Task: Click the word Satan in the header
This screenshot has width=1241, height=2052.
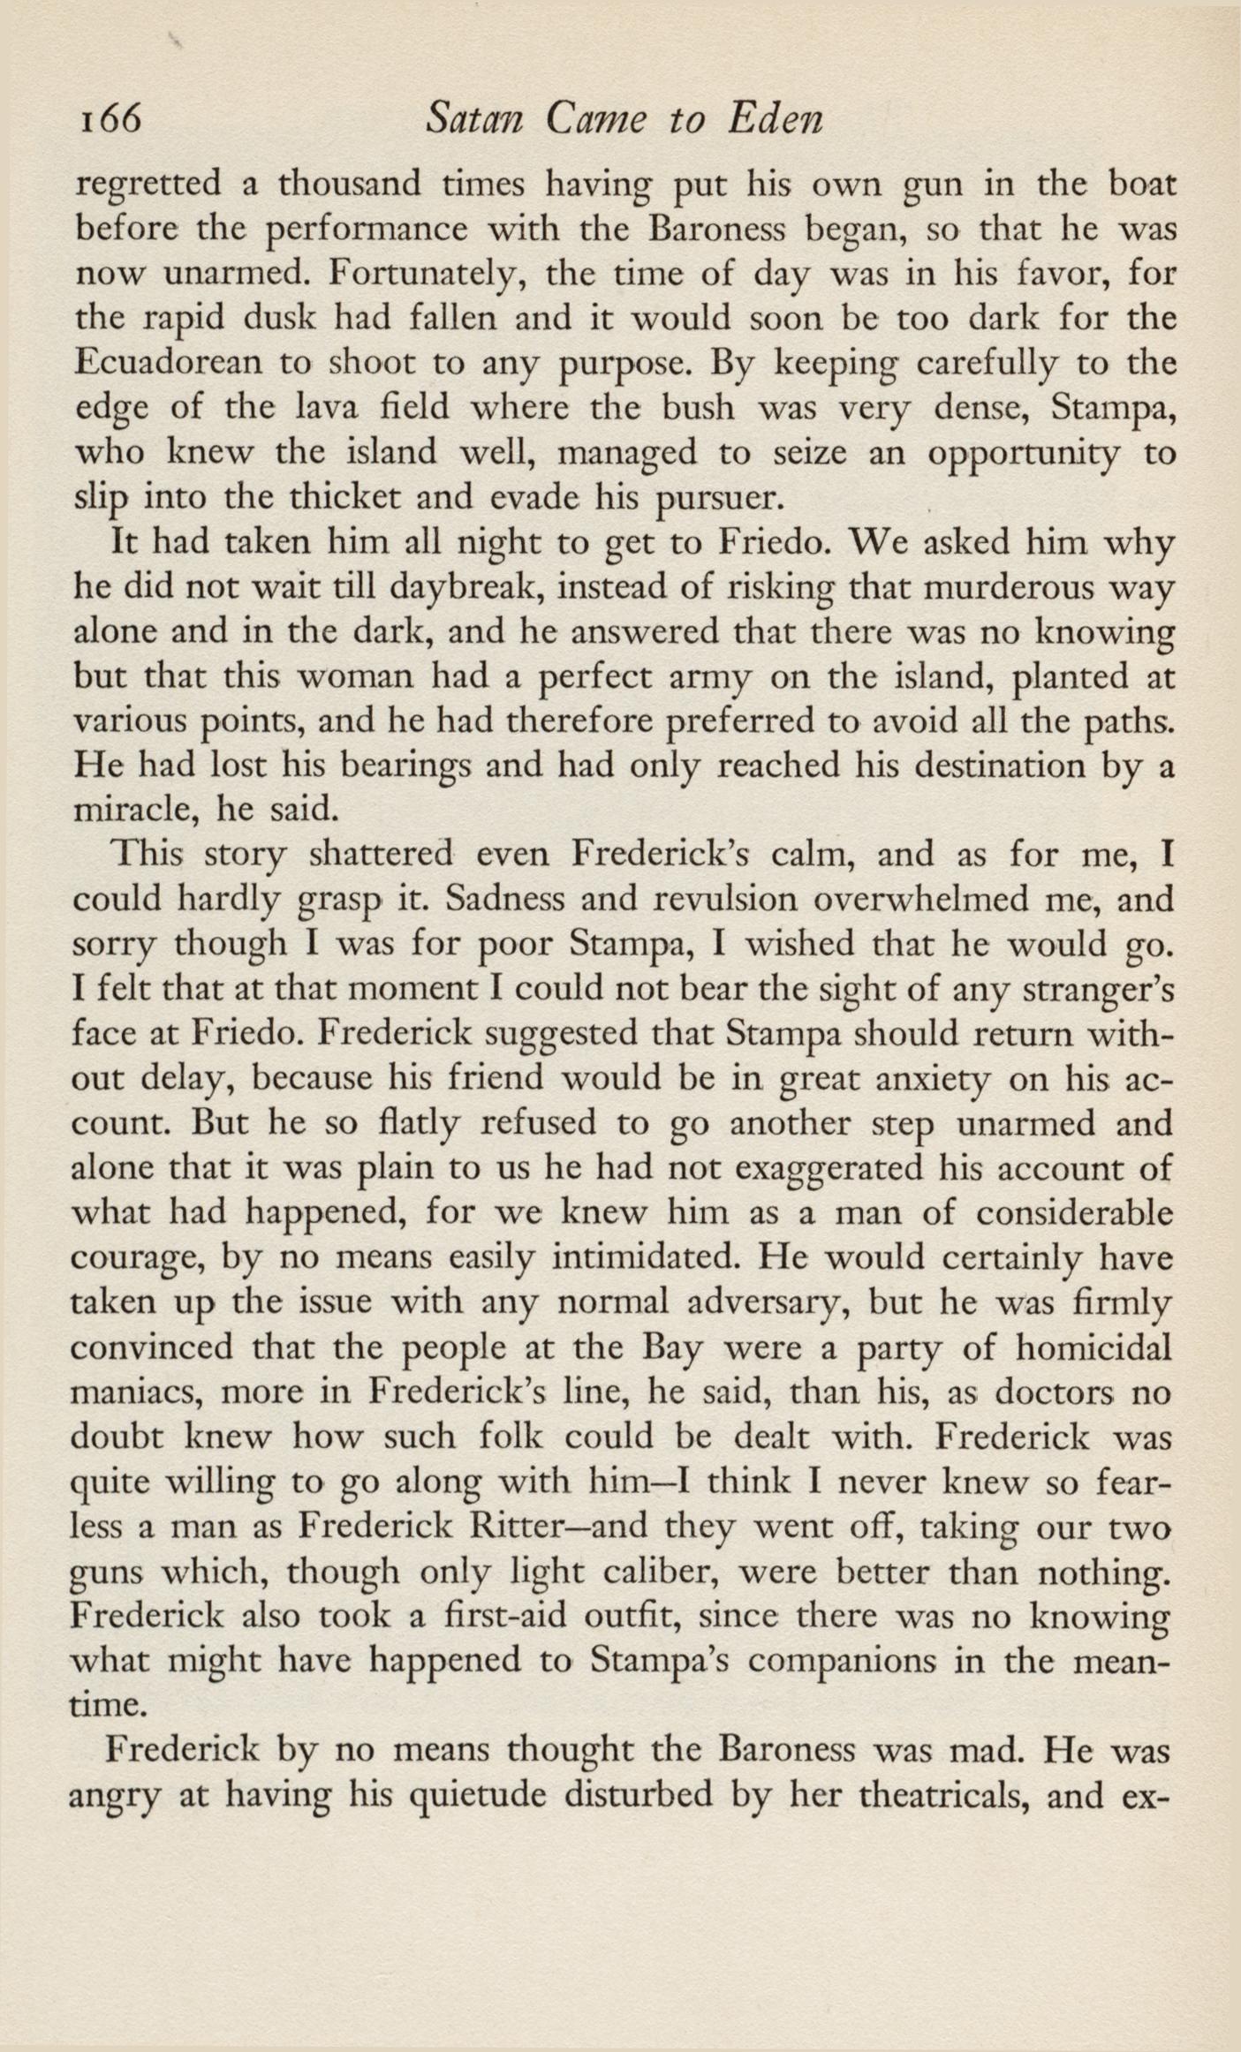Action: coord(472,119)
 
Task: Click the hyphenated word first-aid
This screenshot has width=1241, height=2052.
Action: coord(497,1616)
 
